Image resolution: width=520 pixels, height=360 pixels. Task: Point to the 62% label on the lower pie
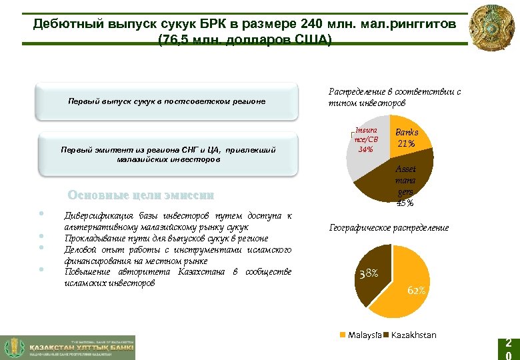click(416, 291)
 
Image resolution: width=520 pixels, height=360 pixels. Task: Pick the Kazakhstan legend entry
click(411, 335)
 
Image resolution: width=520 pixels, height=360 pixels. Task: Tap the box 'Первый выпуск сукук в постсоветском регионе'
click(167, 101)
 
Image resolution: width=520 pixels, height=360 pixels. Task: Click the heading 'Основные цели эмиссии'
click(141, 195)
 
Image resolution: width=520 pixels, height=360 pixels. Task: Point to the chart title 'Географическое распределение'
click(389, 228)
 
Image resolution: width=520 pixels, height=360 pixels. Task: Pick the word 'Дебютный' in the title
click(64, 24)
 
